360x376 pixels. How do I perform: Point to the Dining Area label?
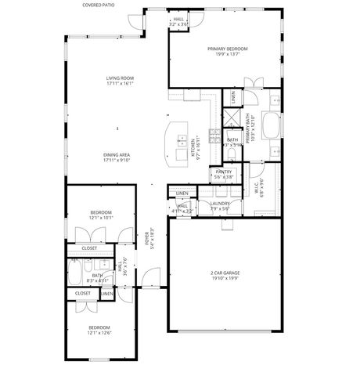click(116, 155)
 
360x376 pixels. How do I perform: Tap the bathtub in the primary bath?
click(271, 125)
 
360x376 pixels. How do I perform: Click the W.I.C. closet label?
click(257, 186)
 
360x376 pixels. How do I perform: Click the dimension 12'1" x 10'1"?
click(100, 219)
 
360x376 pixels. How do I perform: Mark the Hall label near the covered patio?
click(178, 19)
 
